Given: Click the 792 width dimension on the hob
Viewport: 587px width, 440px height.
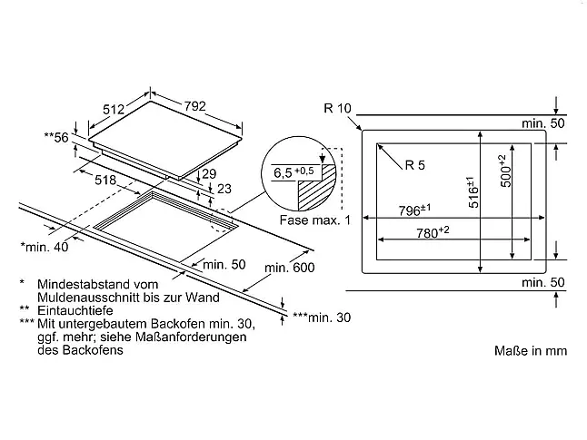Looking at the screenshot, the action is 194,106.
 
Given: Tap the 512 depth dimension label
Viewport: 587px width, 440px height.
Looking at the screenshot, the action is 114,109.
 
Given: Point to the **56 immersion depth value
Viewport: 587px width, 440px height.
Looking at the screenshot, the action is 56,138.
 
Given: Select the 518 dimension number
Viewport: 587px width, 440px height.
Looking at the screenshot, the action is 105,181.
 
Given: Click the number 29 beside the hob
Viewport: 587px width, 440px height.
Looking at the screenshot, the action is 209,173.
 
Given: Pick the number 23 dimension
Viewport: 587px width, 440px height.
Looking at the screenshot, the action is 224,189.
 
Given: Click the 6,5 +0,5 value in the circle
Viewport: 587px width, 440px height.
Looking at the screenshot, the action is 293,172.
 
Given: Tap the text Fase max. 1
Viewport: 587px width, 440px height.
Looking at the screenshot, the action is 314,220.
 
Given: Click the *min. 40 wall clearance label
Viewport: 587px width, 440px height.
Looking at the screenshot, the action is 45,247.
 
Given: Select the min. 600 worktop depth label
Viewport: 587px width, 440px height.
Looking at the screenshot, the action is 289,268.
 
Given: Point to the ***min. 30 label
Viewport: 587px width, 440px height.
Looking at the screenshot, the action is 322,318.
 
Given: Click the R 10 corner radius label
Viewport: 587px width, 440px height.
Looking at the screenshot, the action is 337,108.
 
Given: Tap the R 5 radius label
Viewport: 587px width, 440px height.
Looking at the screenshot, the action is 414,165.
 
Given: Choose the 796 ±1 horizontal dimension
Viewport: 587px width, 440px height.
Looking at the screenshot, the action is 414,210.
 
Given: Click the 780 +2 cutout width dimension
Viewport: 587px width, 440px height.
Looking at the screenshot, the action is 433,232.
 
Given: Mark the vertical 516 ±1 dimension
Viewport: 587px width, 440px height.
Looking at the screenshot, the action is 473,192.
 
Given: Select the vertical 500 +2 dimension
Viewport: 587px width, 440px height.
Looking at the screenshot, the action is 505,171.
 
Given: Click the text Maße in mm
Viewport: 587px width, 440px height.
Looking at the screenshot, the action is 531,351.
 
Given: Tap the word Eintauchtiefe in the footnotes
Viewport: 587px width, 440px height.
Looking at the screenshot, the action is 75,310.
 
